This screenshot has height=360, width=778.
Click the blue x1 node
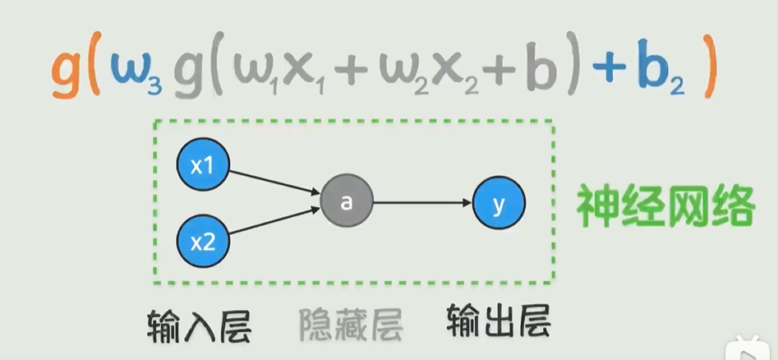[202, 166]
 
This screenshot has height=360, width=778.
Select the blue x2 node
[202, 242]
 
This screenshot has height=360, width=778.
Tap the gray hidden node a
[347, 203]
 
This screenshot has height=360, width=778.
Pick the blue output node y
[499, 203]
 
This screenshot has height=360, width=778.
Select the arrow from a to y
[422, 203]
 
